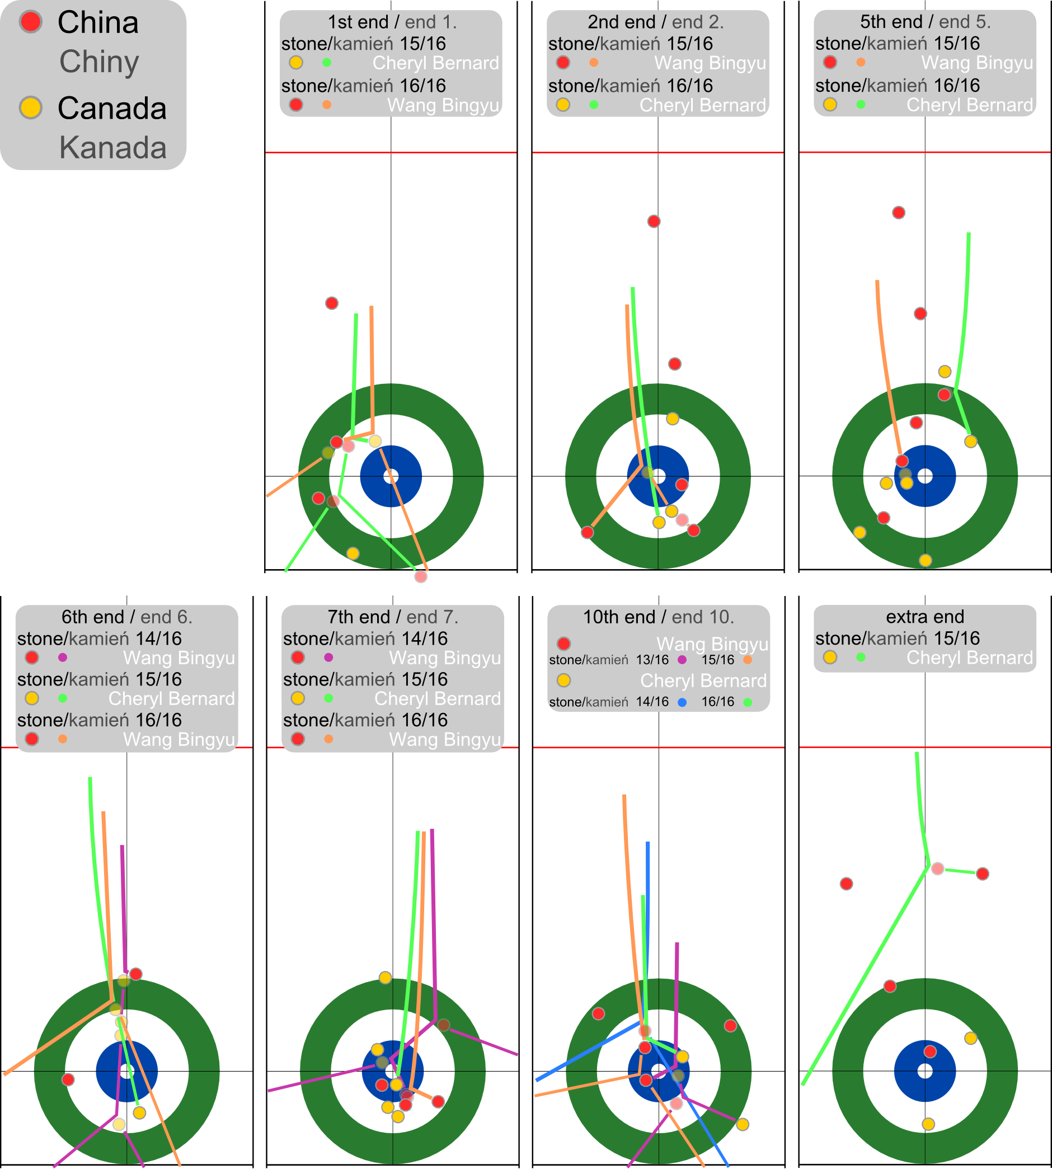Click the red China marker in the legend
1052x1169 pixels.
click(x=30, y=22)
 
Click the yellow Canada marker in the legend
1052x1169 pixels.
click(x=30, y=107)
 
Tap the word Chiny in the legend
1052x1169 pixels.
click(x=99, y=62)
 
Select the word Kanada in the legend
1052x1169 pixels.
click(x=112, y=147)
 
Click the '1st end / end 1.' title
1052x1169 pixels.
click(x=392, y=22)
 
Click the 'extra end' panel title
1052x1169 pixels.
click(x=925, y=617)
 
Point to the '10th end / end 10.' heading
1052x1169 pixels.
click(x=659, y=617)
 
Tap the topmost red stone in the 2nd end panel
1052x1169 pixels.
click(x=654, y=222)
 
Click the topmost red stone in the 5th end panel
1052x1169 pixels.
click(x=899, y=213)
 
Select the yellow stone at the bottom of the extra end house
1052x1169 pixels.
click(x=928, y=1124)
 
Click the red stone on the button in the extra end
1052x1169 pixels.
click(x=930, y=1051)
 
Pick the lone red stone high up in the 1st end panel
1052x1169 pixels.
click(x=332, y=303)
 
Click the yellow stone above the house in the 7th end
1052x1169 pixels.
click(x=385, y=978)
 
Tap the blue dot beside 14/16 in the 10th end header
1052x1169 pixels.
click(x=683, y=702)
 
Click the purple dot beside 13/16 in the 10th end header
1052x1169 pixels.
click(x=683, y=660)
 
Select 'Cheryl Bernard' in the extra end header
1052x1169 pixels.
click(x=969, y=658)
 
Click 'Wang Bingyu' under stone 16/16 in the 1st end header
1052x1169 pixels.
click(x=443, y=105)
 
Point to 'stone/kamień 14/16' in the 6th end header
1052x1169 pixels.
click(x=100, y=639)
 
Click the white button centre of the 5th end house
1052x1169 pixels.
click(x=925, y=476)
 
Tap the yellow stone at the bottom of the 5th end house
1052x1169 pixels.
click(x=926, y=560)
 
